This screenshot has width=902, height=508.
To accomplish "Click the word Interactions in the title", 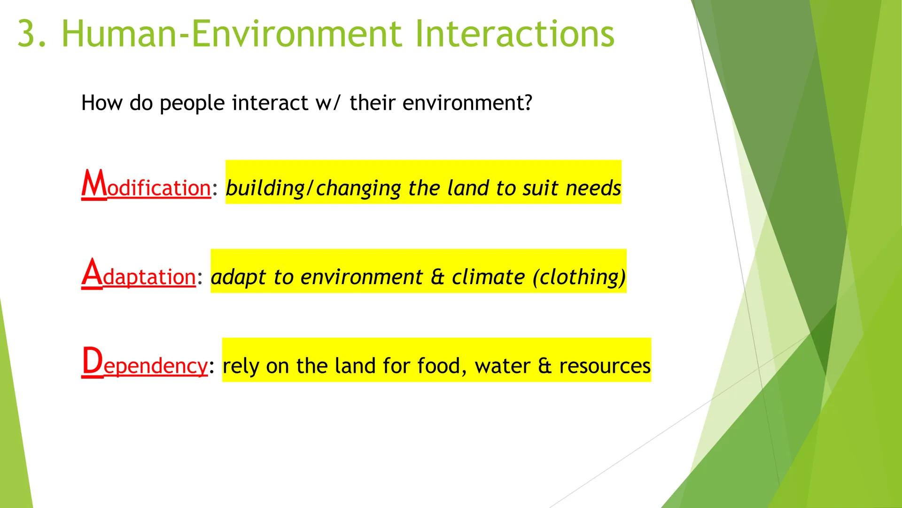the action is [514, 34].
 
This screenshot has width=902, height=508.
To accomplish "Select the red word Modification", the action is [146, 186].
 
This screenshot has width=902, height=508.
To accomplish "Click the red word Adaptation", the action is [139, 274].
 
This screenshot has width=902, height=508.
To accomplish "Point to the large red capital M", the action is [94, 184].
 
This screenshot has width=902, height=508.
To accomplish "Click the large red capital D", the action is [92, 361].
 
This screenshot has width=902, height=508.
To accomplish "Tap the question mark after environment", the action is [528, 103].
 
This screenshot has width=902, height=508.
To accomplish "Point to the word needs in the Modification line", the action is [593, 189].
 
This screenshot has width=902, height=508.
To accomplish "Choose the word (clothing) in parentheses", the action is [579, 277].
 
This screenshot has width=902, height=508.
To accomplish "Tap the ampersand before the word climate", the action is [437, 277].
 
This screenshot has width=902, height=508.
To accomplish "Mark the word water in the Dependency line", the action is [502, 366].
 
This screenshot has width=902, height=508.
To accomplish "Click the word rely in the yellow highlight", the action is [241, 366].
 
